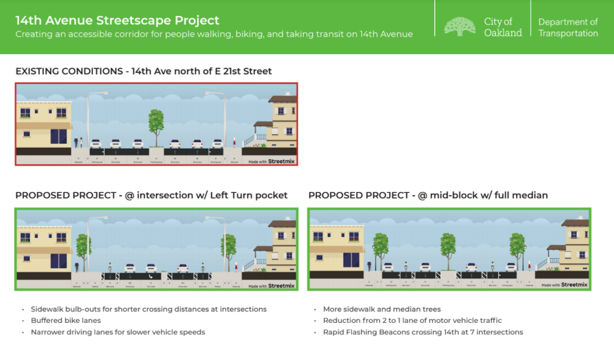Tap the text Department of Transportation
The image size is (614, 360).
tap(568, 27)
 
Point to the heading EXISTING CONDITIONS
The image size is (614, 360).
tap(69, 71)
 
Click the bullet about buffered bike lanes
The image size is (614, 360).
tap(65, 320)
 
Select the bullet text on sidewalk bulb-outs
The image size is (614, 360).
tap(148, 309)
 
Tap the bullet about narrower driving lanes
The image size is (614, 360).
tap(117, 332)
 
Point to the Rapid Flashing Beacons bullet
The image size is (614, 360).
tap(423, 332)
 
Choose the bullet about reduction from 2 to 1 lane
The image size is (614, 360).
tap(412, 320)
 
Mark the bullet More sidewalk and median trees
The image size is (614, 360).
tap(382, 309)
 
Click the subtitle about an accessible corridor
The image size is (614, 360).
tap(214, 34)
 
